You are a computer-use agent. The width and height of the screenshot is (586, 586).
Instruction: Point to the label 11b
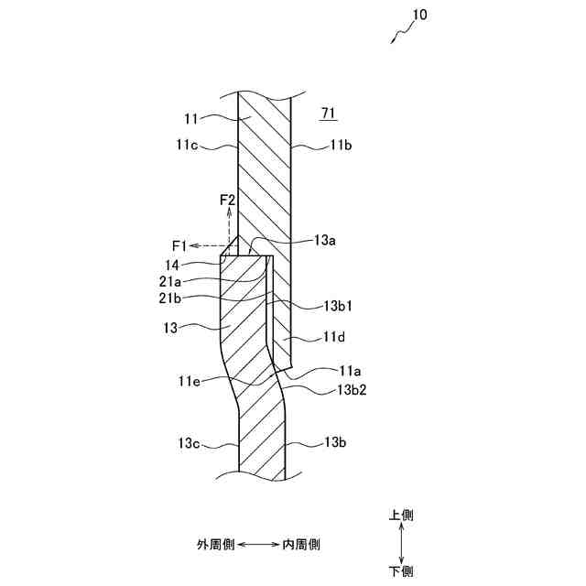(x=343, y=146)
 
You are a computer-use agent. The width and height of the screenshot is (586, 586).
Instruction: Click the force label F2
(x=227, y=199)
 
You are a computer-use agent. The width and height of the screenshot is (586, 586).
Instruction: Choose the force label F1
(x=179, y=245)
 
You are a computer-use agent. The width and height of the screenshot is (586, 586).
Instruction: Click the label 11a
(x=349, y=371)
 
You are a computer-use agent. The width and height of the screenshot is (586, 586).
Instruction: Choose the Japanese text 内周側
(x=301, y=544)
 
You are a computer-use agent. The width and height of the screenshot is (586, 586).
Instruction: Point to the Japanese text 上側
(x=401, y=515)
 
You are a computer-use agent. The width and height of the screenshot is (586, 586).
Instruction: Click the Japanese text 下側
(x=401, y=571)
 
